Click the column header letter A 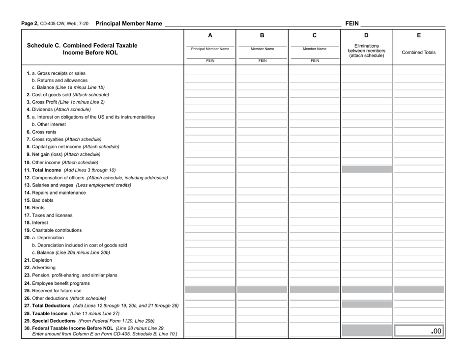coord(210,35)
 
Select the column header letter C coord(315,35)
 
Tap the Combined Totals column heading coord(419,52)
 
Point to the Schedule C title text coord(82,50)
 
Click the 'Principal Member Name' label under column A coord(210,49)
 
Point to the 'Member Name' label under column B coord(263,49)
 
